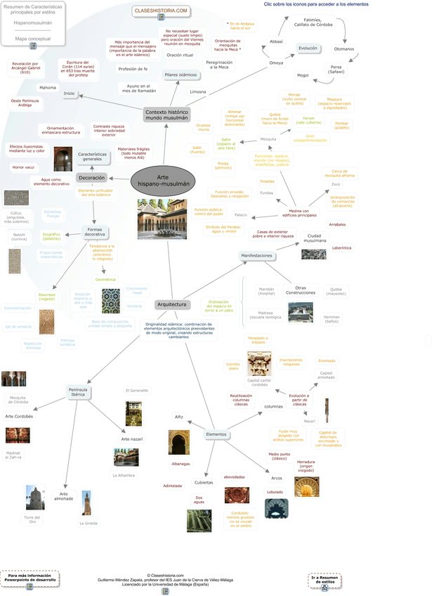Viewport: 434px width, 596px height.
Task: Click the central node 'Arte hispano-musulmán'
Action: pyautogui.click(x=163, y=181)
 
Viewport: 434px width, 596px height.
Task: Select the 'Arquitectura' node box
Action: pyautogui.click(x=172, y=304)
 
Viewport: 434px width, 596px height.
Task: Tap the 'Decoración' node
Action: pyautogui.click(x=91, y=178)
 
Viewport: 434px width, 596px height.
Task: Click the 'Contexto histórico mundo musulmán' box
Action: pyautogui.click(x=166, y=114)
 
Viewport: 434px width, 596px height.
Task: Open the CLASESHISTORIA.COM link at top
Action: pyautogui.click(x=161, y=11)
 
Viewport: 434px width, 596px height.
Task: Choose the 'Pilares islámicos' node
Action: pyautogui.click(x=180, y=74)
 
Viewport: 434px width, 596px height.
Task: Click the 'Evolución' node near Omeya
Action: pyautogui.click(x=308, y=48)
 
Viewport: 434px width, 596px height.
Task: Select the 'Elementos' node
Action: pyautogui.click(x=216, y=434)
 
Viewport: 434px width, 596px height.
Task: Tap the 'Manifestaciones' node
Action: pyautogui.click(x=256, y=255)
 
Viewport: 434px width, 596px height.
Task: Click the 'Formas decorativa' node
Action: pyautogui.click(x=95, y=231)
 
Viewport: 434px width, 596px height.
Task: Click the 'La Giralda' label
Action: pyautogui.click(x=87, y=523)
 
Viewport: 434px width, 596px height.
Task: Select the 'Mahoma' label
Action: pyautogui.click(x=47, y=87)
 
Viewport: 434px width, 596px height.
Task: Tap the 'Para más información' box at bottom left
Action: pyautogui.click(x=29, y=578)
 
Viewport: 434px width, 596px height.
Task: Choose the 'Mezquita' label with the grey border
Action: pyautogui.click(x=268, y=139)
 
